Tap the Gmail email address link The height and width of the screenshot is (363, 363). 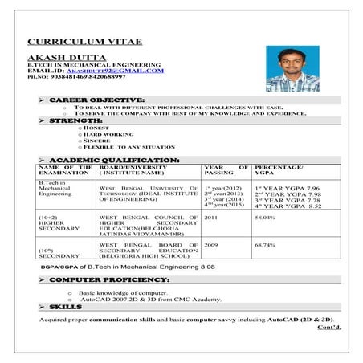click(x=120, y=71)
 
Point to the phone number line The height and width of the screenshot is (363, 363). click(x=77, y=77)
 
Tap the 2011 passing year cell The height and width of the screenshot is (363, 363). click(x=211, y=217)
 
